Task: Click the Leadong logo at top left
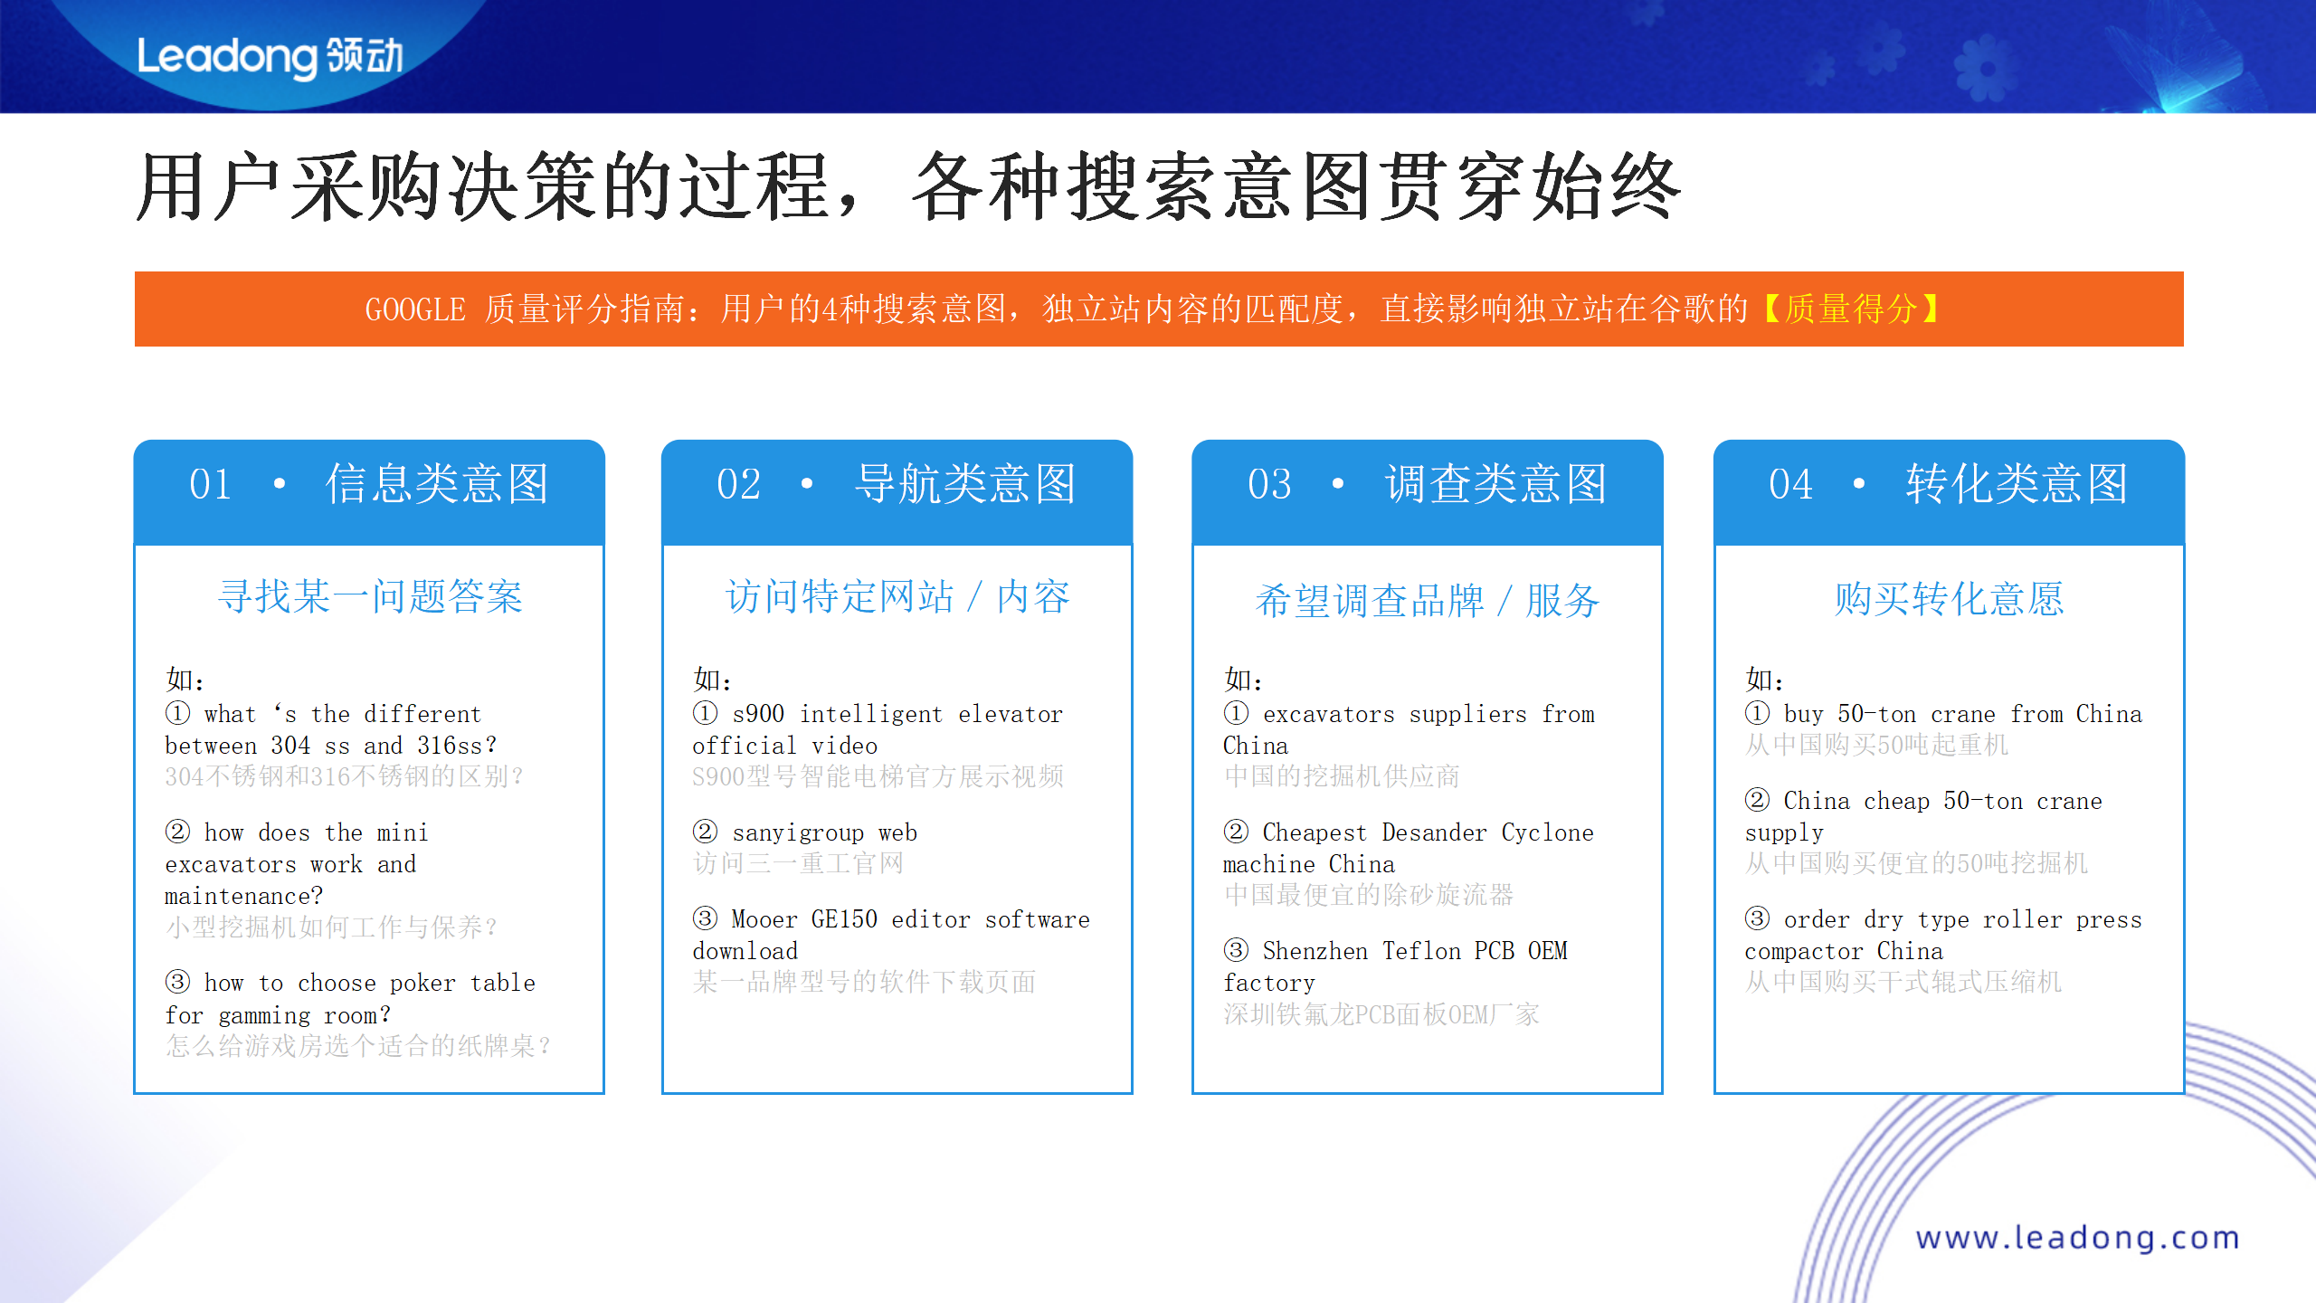(x=270, y=56)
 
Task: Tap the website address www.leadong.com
(x=2077, y=1237)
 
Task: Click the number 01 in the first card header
(x=210, y=484)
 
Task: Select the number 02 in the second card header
(x=738, y=484)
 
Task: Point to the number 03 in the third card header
(x=1268, y=484)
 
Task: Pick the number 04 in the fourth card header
(x=1790, y=484)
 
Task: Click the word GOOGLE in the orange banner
(x=415, y=309)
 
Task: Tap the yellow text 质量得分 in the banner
(x=1851, y=309)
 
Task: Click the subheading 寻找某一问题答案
(x=370, y=597)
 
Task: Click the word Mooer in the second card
(x=764, y=919)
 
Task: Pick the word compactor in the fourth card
(x=1803, y=951)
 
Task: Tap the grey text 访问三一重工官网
(x=798, y=863)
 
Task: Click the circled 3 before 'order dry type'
(x=1757, y=919)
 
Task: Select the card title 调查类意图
(x=1495, y=484)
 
